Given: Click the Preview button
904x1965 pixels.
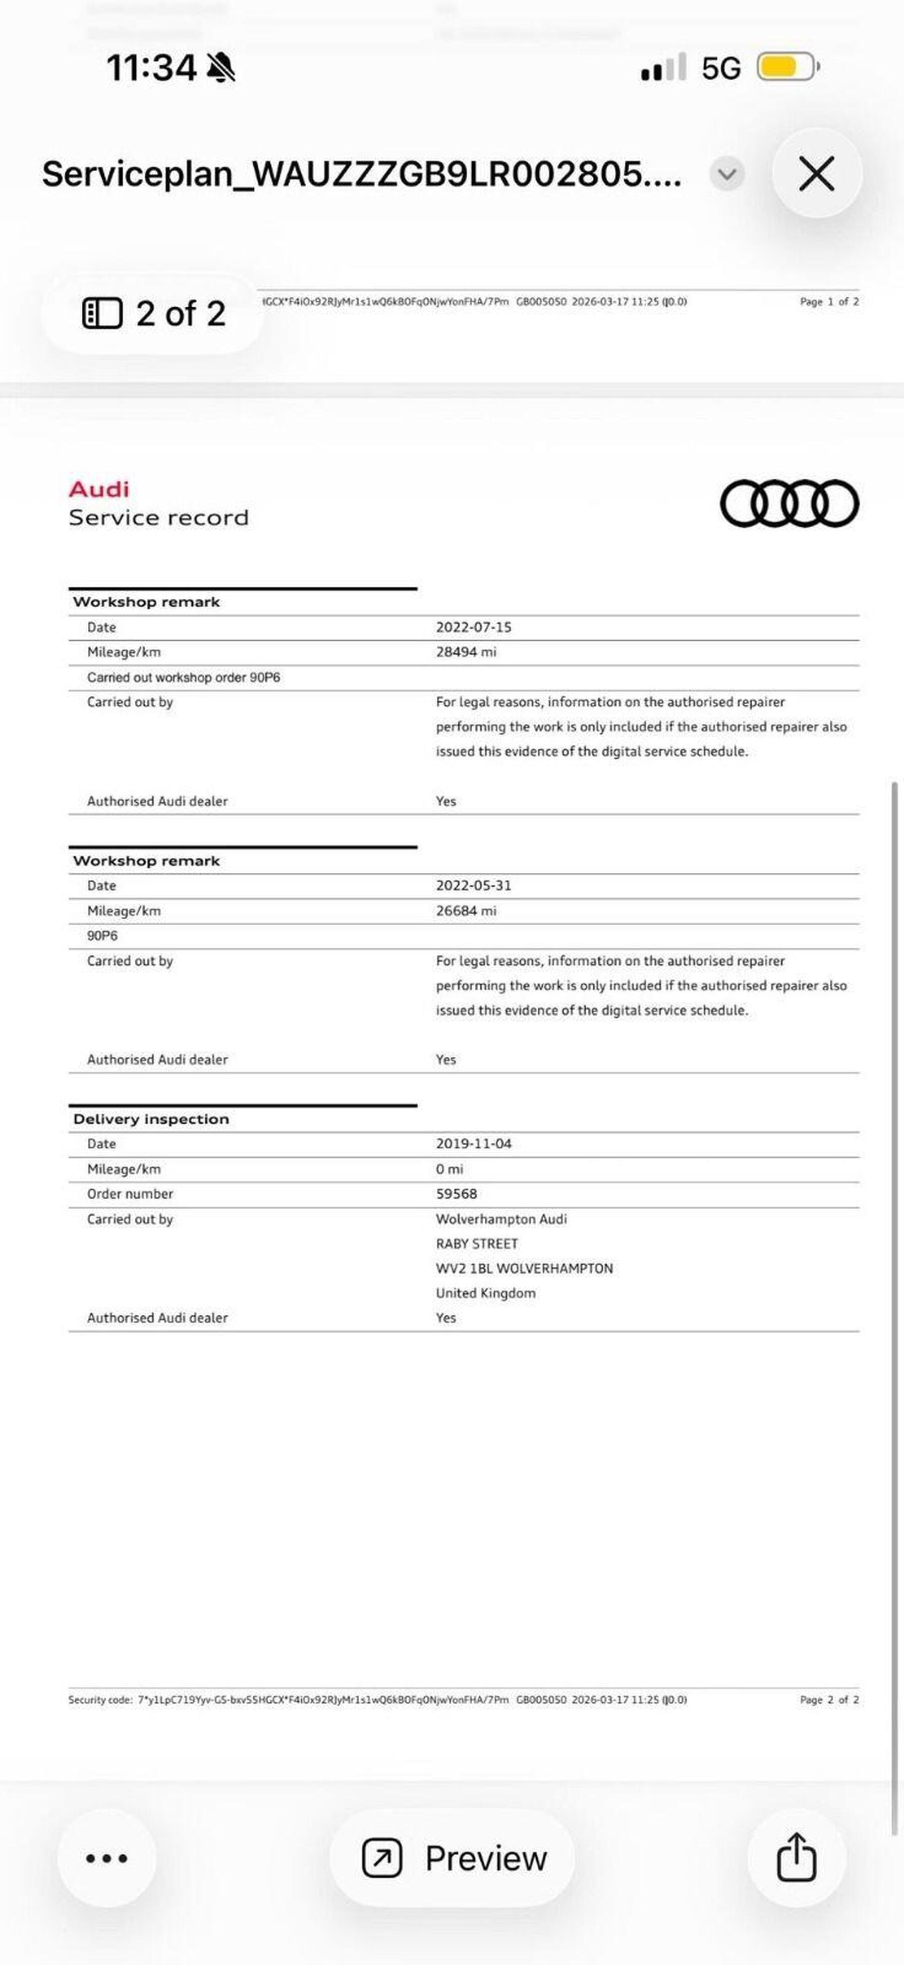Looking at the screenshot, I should pyautogui.click(x=453, y=1858).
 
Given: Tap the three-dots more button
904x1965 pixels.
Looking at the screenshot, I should pyautogui.click(x=107, y=1858).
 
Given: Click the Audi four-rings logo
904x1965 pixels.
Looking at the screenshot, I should pyautogui.click(x=789, y=503).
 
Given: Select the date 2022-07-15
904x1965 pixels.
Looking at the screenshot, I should pyautogui.click(x=474, y=627).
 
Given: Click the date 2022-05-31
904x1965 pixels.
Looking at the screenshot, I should pyautogui.click(x=474, y=885).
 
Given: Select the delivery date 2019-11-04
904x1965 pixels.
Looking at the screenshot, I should pyautogui.click(x=474, y=1144).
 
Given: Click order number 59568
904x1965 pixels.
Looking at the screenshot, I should pyautogui.click(x=456, y=1194).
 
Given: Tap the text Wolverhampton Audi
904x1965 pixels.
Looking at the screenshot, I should pyautogui.click(x=501, y=1219).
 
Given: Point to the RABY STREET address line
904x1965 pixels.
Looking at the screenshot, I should pyautogui.click(x=477, y=1244).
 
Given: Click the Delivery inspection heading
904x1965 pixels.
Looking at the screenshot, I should pyautogui.click(x=151, y=1119).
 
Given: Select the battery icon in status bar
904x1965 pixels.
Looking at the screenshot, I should pyautogui.click(x=788, y=67).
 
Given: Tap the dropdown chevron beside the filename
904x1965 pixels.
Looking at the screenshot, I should pyautogui.click(x=727, y=174).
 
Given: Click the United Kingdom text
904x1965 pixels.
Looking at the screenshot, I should pyautogui.click(x=485, y=1293).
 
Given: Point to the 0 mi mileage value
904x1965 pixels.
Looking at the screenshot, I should pyautogui.click(x=449, y=1168).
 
